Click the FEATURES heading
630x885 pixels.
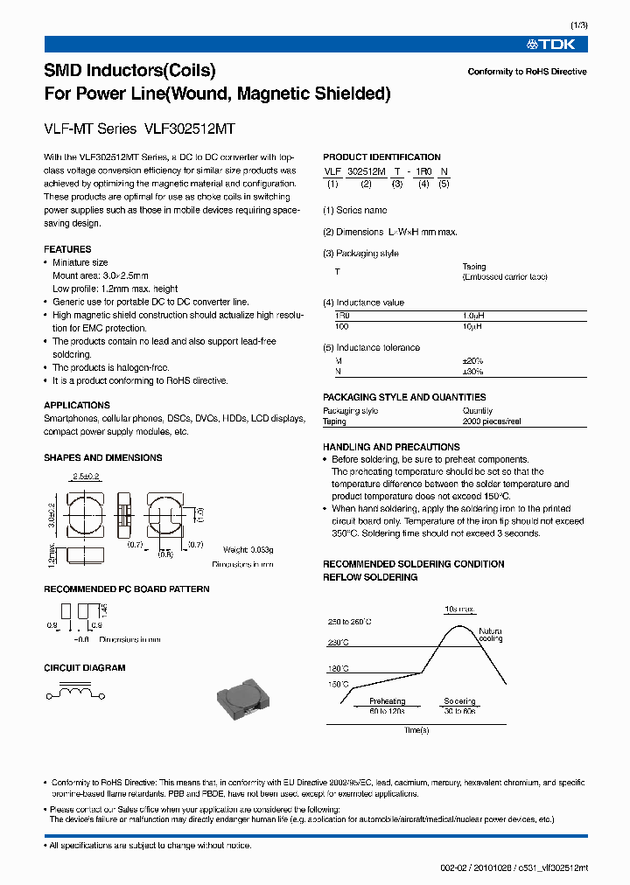click(67, 249)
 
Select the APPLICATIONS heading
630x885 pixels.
click(77, 406)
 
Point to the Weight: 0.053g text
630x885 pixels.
click(248, 549)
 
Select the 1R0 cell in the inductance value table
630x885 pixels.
click(342, 314)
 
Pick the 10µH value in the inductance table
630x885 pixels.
click(472, 325)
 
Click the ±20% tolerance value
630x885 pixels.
click(472, 360)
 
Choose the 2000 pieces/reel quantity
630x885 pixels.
click(492, 422)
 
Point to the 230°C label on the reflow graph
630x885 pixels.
click(338, 643)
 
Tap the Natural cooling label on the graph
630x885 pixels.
click(490, 634)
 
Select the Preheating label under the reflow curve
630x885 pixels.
click(387, 701)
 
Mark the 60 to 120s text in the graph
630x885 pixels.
click(387, 712)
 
